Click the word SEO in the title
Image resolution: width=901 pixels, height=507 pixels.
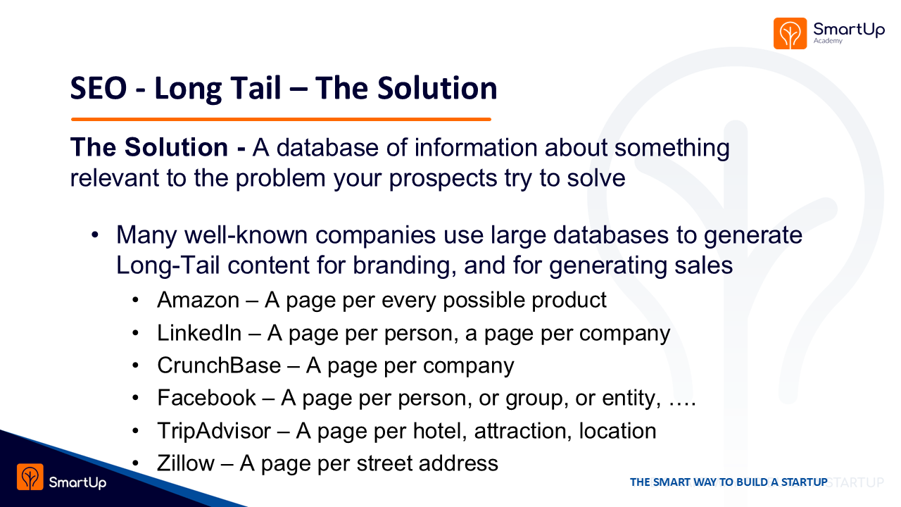99,88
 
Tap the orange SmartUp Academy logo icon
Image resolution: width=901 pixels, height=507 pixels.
790,33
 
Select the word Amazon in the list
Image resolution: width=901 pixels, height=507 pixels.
199,300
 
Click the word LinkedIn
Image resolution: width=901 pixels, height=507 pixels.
199,333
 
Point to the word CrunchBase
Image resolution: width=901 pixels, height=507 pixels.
219,365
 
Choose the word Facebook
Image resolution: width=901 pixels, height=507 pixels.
206,398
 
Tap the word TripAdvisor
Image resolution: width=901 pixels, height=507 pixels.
214,431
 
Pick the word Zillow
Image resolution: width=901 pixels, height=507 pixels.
186,463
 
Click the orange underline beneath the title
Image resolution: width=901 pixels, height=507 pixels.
281,119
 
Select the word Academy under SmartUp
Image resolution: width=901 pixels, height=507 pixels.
828,41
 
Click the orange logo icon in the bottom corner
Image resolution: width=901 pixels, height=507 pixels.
30,477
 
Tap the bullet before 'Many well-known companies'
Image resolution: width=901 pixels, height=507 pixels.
95,234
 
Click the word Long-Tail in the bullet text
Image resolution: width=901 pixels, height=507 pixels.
168,265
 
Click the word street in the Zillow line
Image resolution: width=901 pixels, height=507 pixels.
384,463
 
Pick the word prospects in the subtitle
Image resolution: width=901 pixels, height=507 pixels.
443,179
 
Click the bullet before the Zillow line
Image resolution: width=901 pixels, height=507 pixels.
136,463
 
